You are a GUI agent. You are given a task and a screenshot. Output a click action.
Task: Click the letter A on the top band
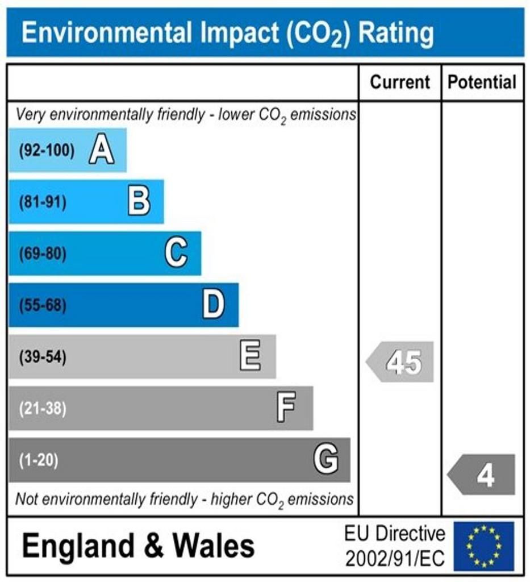point(102,151)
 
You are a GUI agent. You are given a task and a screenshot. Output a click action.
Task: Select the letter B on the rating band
point(139,202)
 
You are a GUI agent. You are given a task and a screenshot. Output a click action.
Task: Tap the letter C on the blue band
point(176,253)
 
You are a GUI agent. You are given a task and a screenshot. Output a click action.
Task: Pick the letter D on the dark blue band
point(214,305)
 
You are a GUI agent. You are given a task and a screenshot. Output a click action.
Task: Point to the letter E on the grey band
point(251,357)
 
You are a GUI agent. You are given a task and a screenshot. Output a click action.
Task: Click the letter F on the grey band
point(286,408)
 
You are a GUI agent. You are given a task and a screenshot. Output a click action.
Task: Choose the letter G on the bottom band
point(326,459)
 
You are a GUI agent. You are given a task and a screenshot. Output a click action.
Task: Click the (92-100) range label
point(47,151)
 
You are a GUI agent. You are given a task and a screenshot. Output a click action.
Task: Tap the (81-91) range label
point(43,202)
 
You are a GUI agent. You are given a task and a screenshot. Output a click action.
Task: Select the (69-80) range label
point(43,254)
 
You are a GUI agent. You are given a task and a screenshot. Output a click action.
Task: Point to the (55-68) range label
point(43,306)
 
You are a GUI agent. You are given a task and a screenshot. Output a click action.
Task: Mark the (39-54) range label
point(43,357)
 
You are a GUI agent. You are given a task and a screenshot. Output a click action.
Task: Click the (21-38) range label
point(43,409)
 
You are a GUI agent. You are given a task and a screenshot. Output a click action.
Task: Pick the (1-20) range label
point(39,460)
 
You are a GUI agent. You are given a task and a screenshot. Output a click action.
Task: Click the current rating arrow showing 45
point(400,362)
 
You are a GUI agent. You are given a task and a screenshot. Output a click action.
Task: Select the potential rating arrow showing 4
point(482,475)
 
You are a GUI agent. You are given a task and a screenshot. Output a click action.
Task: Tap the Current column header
point(400,82)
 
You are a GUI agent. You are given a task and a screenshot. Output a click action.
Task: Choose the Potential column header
point(482,82)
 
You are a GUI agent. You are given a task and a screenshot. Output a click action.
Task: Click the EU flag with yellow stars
point(483,546)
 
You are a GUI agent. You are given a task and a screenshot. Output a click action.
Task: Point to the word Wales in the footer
point(214,546)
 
